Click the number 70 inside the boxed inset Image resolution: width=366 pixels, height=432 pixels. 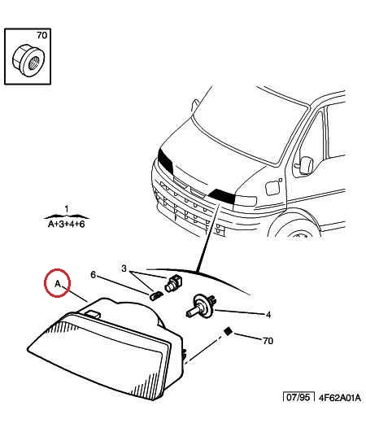coord(41,35)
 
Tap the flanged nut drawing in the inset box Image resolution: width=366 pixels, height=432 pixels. coord(28,60)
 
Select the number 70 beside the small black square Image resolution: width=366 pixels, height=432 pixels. coord(268,341)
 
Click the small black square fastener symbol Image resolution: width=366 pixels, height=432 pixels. coord(228,331)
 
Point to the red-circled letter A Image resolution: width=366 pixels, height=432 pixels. coord(58,283)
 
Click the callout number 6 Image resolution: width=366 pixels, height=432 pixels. coord(93,275)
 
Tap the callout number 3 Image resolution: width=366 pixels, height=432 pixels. coord(124,268)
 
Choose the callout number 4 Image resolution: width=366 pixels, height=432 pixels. coord(268,314)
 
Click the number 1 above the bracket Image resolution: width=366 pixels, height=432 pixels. coord(67,208)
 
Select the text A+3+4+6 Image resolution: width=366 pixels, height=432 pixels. coord(66,224)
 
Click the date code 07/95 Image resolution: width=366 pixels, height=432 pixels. coord(298,397)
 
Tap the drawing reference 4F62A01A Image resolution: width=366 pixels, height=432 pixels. coord(339,397)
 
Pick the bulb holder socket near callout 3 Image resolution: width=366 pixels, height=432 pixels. coord(173,283)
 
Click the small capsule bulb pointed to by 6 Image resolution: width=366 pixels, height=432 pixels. coord(156,296)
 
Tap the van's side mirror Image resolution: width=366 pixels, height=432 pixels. coord(305,165)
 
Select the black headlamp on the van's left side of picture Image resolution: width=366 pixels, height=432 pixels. coord(165,160)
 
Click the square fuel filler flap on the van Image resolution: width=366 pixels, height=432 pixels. coord(272,188)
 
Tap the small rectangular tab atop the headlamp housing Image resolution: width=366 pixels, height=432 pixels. coord(92,314)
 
